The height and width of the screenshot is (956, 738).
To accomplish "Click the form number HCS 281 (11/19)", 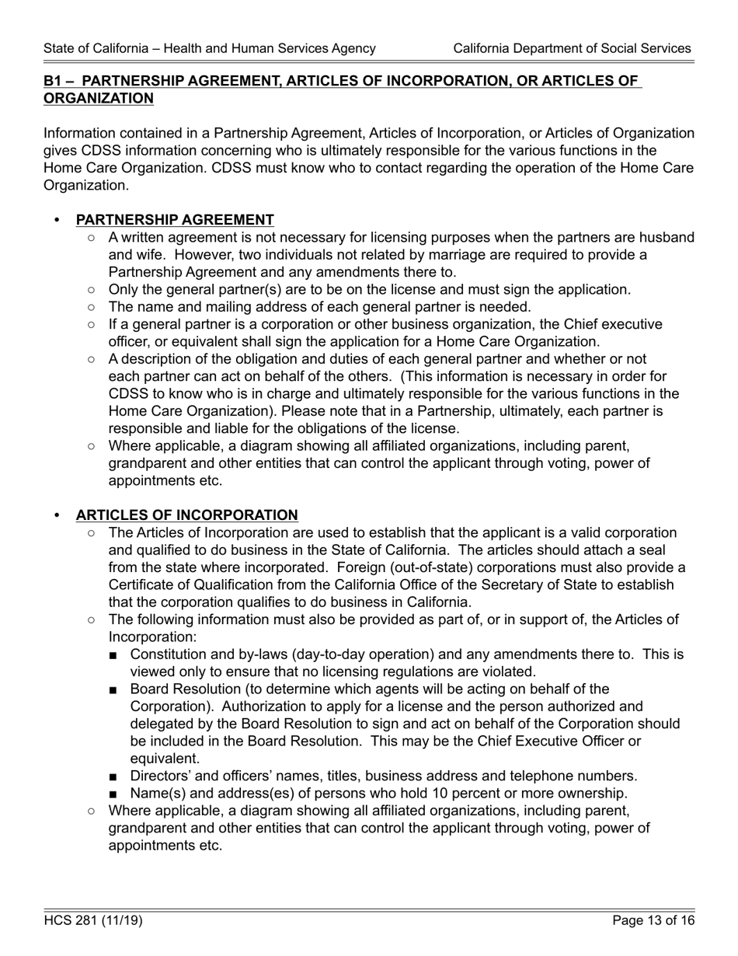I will tap(93, 921).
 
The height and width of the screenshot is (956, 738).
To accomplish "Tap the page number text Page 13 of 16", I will tap(653, 921).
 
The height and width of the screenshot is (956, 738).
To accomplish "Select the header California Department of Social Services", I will tap(572, 48).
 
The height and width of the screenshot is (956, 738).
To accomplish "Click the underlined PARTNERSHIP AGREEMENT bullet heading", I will tap(175, 220).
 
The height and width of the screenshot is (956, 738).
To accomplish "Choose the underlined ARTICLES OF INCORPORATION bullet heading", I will tap(186, 515).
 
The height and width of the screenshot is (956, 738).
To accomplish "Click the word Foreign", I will tap(360, 567).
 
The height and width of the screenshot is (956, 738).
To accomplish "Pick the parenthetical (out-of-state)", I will tap(433, 567).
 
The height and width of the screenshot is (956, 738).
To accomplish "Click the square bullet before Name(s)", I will tap(114, 794).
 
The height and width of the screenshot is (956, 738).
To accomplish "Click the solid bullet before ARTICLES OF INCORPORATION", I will tap(56, 516).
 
